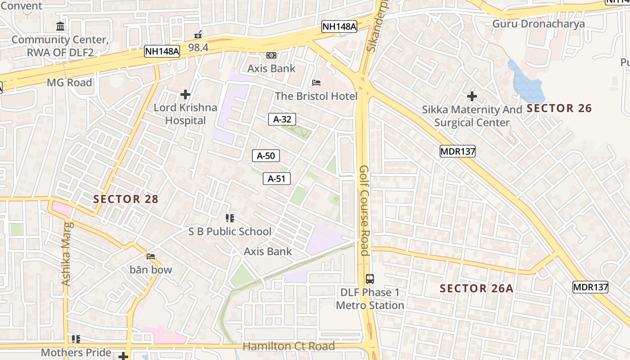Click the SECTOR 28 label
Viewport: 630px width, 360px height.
tap(126, 199)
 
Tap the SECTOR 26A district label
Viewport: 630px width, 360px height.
tap(476, 288)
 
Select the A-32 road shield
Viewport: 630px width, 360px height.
tap(282, 119)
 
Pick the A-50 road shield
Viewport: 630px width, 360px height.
tap(265, 156)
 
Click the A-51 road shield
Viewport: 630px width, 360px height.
tap(276, 179)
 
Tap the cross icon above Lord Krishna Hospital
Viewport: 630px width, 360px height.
tap(185, 94)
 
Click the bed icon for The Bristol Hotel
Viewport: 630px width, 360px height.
tap(316, 83)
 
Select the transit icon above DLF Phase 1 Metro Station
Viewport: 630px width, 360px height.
tap(369, 279)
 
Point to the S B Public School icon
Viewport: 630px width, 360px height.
tap(230, 218)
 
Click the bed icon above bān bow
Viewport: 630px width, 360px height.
tap(151, 256)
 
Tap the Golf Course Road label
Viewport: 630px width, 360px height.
tap(364, 210)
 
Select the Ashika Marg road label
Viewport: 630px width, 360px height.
tap(66, 254)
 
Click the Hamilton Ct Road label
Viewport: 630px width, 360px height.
tap(288, 346)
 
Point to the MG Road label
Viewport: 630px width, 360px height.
tap(69, 82)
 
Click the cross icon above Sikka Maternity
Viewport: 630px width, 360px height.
tap(472, 96)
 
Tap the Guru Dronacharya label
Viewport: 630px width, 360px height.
tap(538, 24)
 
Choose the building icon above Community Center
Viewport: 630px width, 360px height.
tap(60, 26)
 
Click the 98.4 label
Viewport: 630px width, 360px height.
tap(198, 47)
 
